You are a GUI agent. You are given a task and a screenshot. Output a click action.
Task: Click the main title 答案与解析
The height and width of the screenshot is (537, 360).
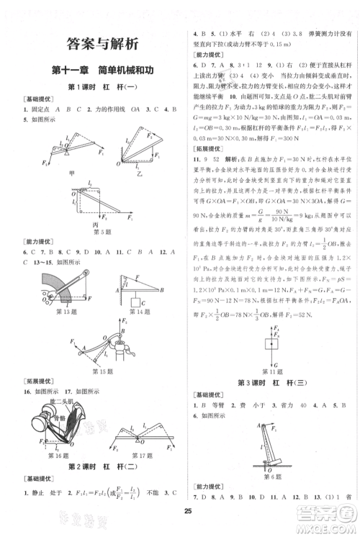tap(94, 45)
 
